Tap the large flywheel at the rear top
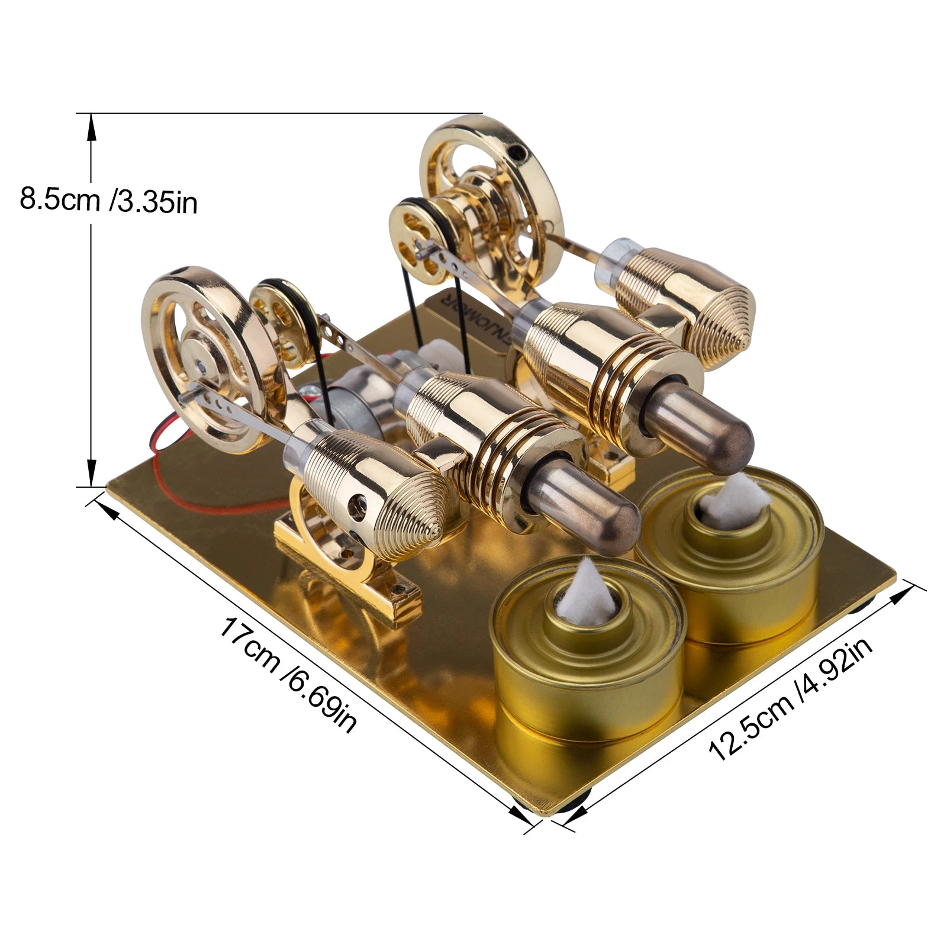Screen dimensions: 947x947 (491, 195)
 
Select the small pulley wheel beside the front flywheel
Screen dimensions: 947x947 (275, 323)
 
